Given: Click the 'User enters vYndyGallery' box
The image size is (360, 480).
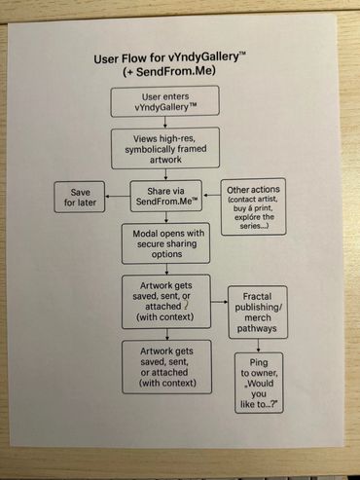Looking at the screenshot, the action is click(164, 101).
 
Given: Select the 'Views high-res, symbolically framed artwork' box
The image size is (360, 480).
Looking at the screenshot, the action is click(165, 148).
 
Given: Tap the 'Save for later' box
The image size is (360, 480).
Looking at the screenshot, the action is click(80, 197).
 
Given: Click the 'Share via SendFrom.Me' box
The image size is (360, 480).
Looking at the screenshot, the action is click(166, 196).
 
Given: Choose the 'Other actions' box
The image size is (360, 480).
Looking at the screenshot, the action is click(253, 206).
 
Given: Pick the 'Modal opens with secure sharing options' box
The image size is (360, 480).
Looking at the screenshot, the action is click(165, 243).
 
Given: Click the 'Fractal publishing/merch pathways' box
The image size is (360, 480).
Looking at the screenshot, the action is click(258, 313).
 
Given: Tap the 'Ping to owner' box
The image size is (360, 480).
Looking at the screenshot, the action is click(259, 383).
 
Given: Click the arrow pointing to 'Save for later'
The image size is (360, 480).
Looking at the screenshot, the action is click(118, 196).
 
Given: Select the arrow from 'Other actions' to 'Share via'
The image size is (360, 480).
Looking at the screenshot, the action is click(211, 196).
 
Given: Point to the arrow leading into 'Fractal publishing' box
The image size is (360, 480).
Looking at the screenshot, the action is click(219, 302).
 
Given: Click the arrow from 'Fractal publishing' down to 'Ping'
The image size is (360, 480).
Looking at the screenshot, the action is click(258, 346).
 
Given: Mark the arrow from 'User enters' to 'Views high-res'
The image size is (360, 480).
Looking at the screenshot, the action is click(165, 122).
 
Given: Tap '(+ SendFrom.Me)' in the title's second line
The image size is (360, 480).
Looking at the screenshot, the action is click(169, 71).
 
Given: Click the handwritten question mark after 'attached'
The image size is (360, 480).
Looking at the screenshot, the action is click(186, 306).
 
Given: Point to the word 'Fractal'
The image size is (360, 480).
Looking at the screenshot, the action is click(257, 296).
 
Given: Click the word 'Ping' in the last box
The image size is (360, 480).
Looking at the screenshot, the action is click(259, 362).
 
